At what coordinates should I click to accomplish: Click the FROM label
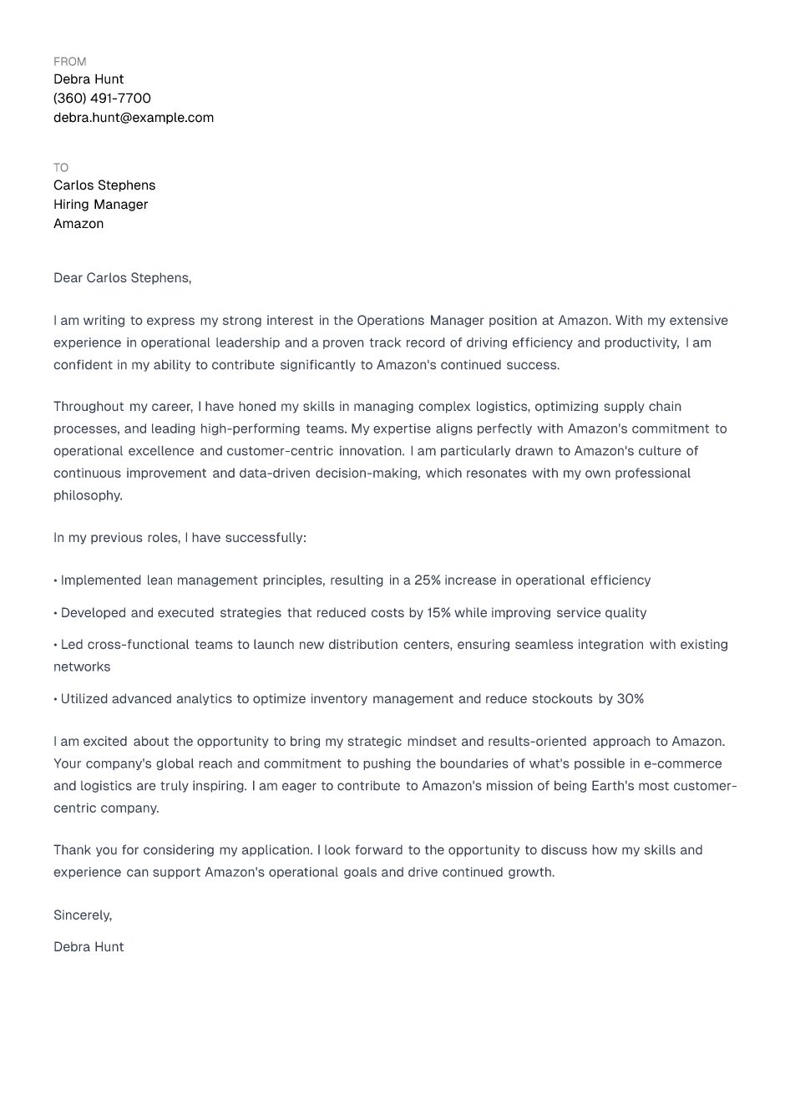(x=69, y=62)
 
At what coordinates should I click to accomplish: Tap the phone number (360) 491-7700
(x=102, y=99)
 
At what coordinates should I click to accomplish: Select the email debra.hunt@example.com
(x=134, y=118)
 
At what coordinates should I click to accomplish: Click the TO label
(x=61, y=168)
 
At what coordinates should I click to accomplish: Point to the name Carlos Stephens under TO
(x=104, y=185)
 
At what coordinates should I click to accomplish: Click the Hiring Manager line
(x=100, y=205)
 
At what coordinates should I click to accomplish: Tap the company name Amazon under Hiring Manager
(x=78, y=224)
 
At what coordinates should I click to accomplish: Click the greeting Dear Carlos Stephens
(x=122, y=278)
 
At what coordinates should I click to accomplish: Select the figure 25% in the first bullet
(x=427, y=580)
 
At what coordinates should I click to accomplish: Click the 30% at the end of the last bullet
(x=630, y=699)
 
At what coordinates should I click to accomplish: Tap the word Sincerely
(x=82, y=915)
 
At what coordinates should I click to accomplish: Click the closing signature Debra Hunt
(x=89, y=947)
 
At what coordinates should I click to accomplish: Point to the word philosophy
(x=87, y=495)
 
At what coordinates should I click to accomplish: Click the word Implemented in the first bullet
(x=101, y=580)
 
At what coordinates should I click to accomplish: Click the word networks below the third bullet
(x=82, y=667)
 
